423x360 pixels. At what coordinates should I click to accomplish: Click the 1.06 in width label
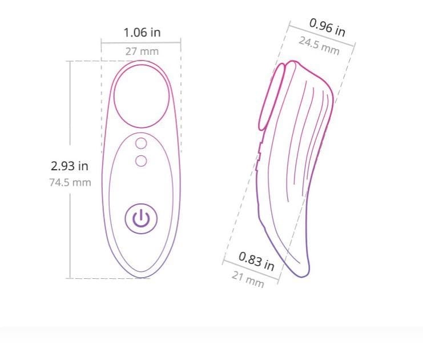pos(142,33)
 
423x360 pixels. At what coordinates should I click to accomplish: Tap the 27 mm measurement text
pos(142,51)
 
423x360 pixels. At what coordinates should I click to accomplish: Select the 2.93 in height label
pos(70,166)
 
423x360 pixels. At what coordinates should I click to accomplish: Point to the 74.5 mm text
pos(70,182)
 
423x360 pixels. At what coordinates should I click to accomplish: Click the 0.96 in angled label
pos(327,27)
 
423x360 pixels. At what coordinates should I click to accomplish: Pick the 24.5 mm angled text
pos(319,46)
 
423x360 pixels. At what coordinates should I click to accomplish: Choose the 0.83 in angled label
pos(256,261)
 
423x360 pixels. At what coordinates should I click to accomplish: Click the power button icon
pos(141,218)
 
